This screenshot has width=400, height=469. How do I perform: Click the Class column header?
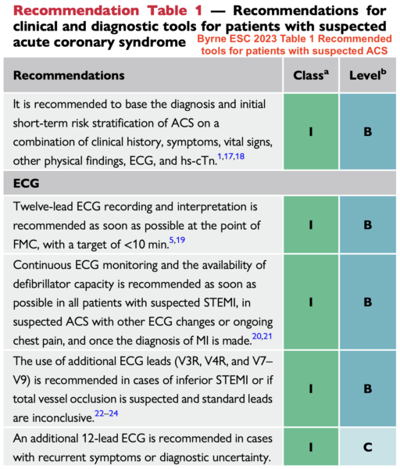pyautogui.click(x=311, y=75)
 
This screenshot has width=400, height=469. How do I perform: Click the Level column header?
pyautogui.click(x=368, y=75)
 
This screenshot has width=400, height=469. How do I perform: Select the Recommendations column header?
pyautogui.click(x=69, y=75)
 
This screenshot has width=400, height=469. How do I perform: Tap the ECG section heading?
pyautogui.click(x=26, y=183)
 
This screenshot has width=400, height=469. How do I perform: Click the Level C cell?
pyautogui.click(x=368, y=447)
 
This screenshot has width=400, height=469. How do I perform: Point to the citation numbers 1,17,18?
pyautogui.click(x=230, y=156)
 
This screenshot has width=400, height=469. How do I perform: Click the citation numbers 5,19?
pyautogui.click(x=177, y=240)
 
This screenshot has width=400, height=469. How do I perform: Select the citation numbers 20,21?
pyautogui.click(x=262, y=336)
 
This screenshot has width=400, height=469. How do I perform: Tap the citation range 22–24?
pyautogui.click(x=106, y=414)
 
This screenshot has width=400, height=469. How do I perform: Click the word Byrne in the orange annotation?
pyautogui.click(x=210, y=39)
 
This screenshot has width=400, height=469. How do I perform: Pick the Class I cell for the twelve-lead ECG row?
pyautogui.click(x=311, y=224)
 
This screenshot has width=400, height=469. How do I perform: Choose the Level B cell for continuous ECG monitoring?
pyautogui.click(x=368, y=302)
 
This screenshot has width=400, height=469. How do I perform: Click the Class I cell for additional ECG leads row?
pyautogui.click(x=311, y=388)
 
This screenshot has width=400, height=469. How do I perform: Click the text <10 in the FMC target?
pyautogui.click(x=134, y=245)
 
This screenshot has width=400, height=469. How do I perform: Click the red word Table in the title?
pyautogui.click(x=167, y=10)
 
